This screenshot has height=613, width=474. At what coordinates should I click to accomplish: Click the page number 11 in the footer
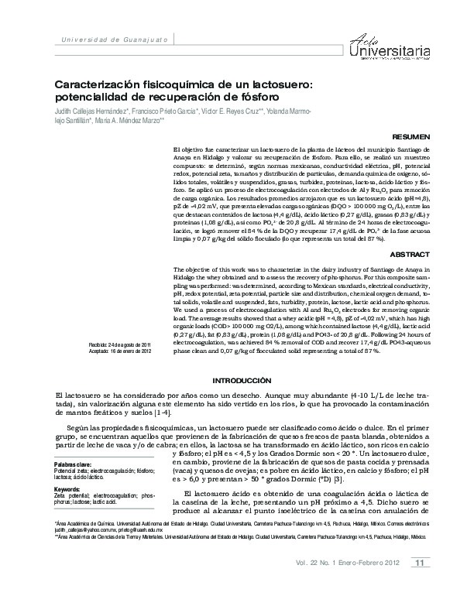(x=418, y=584)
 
